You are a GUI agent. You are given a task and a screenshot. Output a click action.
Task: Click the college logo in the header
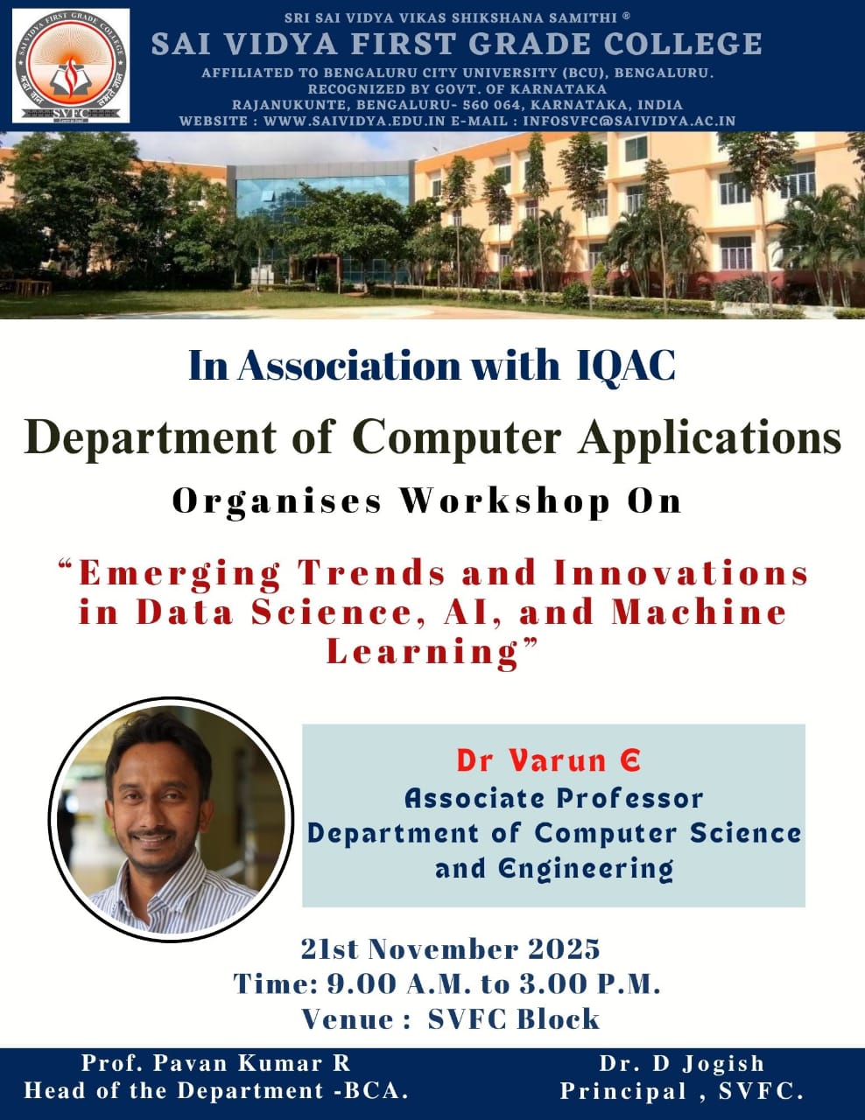point(71,66)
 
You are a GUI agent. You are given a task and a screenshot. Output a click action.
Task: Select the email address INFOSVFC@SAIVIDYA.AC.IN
point(629,121)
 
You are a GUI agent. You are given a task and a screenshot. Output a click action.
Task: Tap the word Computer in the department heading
point(457,438)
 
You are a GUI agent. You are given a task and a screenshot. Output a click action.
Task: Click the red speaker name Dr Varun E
point(548,760)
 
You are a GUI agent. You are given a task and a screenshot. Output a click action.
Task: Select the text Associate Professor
point(553,799)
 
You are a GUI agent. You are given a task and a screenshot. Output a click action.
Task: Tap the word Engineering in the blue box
point(586,870)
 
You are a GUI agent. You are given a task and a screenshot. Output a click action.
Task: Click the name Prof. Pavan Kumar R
point(215,1063)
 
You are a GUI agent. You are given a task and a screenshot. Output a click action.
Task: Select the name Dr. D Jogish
point(681,1064)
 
